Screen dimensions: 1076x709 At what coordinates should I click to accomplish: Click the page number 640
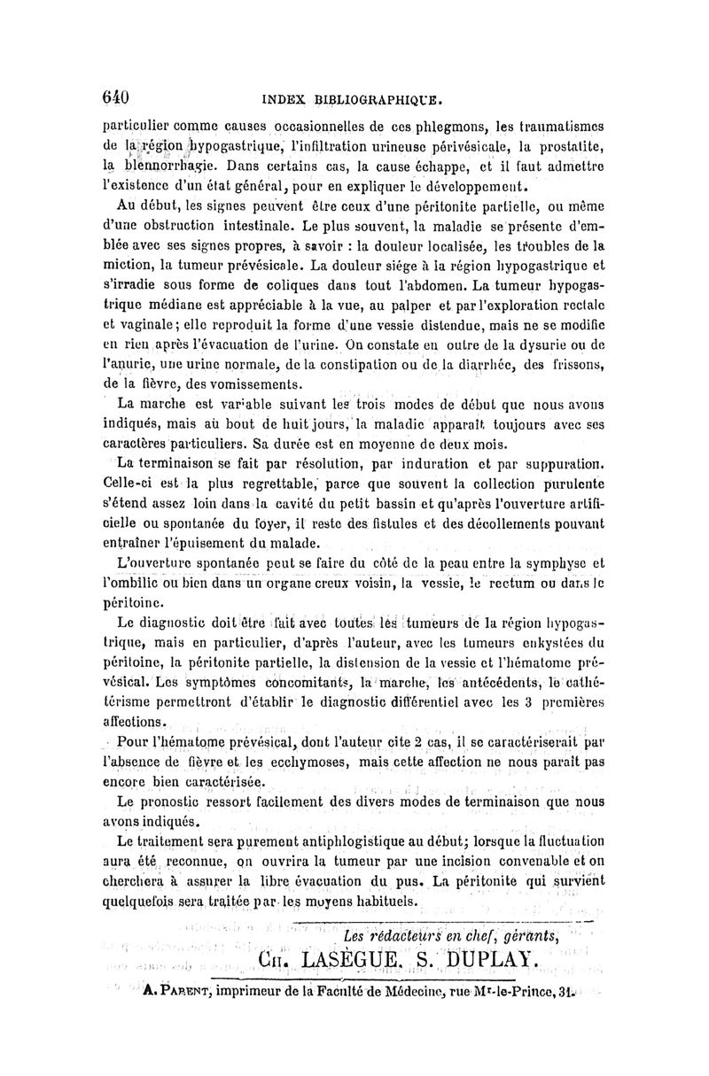pos(116,95)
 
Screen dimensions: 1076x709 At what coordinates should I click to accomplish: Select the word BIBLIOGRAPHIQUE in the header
pos(367,99)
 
